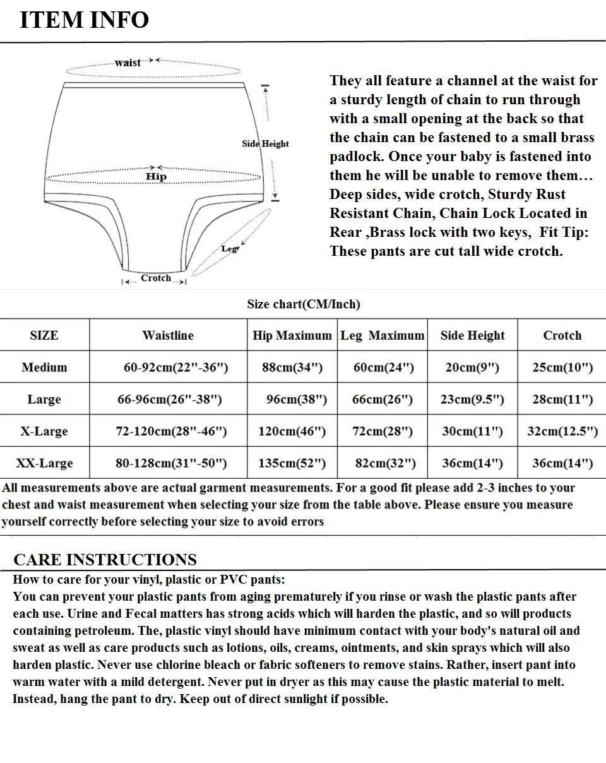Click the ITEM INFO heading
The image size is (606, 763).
84,20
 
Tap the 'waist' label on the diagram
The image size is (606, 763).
128,63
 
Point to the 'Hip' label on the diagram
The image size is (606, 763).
156,176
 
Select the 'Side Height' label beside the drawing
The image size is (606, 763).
265,143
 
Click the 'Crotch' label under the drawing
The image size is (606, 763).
156,278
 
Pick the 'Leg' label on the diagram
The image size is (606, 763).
229,249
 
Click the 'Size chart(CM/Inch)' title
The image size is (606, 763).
303,304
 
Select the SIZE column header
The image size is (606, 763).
44,335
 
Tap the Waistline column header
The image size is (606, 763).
168,335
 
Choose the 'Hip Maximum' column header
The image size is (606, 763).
292,335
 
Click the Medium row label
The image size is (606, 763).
44,367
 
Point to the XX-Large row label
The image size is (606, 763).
44,463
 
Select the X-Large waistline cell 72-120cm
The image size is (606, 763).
171,431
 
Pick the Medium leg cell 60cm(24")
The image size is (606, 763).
383,367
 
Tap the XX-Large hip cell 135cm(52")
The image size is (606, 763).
292,463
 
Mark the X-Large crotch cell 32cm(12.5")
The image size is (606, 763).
562,431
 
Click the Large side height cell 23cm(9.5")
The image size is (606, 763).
472,399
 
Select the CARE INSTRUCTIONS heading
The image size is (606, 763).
105,560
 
